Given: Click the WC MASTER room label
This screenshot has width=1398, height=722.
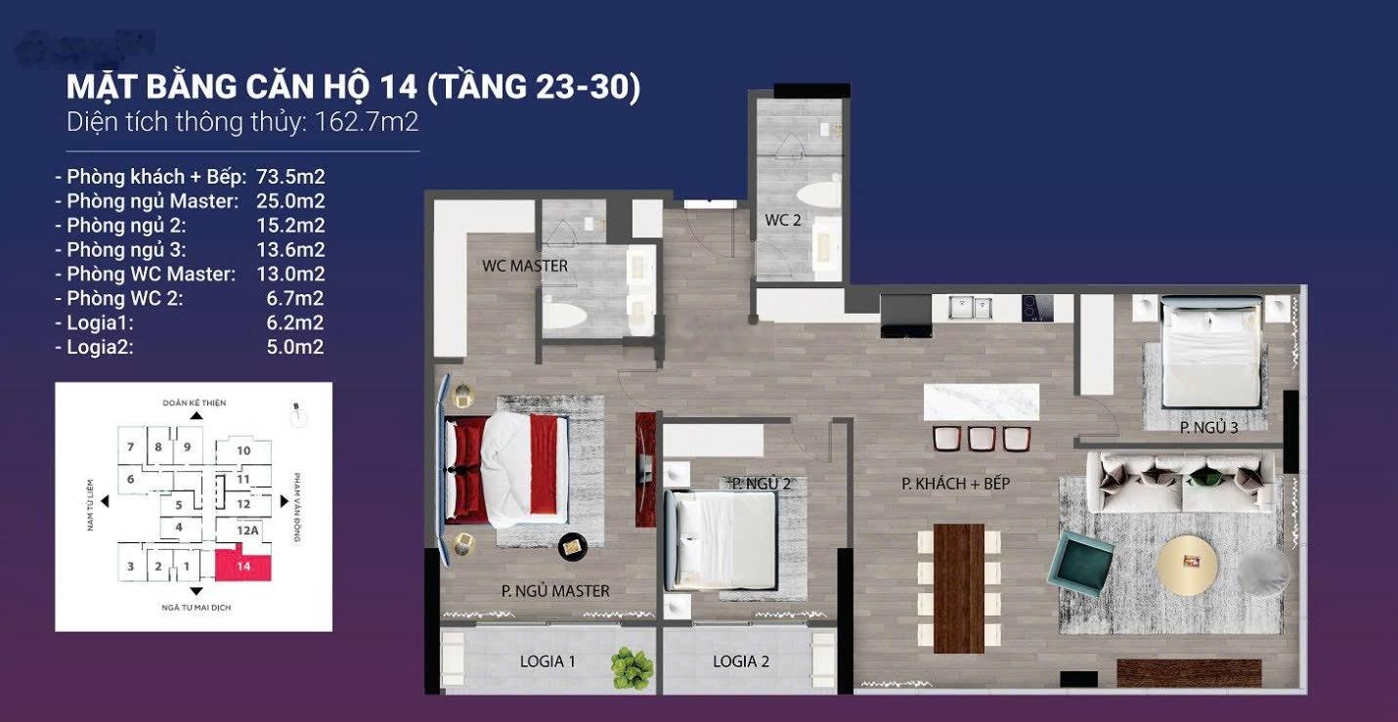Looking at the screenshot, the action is [525, 266].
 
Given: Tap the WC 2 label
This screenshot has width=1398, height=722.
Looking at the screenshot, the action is [783, 220].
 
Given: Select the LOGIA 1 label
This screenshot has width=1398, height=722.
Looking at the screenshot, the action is [547, 661].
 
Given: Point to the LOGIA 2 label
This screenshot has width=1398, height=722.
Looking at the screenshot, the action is [741, 661].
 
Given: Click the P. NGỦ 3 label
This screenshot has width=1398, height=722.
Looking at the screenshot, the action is [1209, 428].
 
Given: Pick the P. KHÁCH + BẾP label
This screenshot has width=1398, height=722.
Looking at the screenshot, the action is [955, 484].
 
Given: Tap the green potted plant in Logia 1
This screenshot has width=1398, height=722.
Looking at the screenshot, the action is [632, 667].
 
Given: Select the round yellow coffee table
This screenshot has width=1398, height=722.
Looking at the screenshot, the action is [1187, 567].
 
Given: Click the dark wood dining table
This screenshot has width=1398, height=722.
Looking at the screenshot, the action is [959, 588].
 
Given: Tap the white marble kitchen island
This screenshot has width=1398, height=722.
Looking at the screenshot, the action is [982, 403].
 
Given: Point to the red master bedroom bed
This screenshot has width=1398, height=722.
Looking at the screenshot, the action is [506, 470].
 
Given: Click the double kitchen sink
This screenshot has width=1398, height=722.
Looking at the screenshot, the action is [970, 308].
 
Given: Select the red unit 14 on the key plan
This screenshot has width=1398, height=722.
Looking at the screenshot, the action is [243, 564].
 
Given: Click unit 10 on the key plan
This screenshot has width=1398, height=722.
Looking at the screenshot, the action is [243, 450].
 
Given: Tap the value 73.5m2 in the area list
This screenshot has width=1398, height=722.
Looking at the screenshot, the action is [290, 177].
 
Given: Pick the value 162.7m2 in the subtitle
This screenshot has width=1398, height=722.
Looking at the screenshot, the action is [367, 121].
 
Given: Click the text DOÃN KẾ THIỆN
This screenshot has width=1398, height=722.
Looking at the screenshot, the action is [195, 403].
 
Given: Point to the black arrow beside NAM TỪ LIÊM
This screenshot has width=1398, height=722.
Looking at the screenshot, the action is [105, 501].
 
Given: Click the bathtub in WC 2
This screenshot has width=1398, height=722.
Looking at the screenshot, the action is [819, 194].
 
